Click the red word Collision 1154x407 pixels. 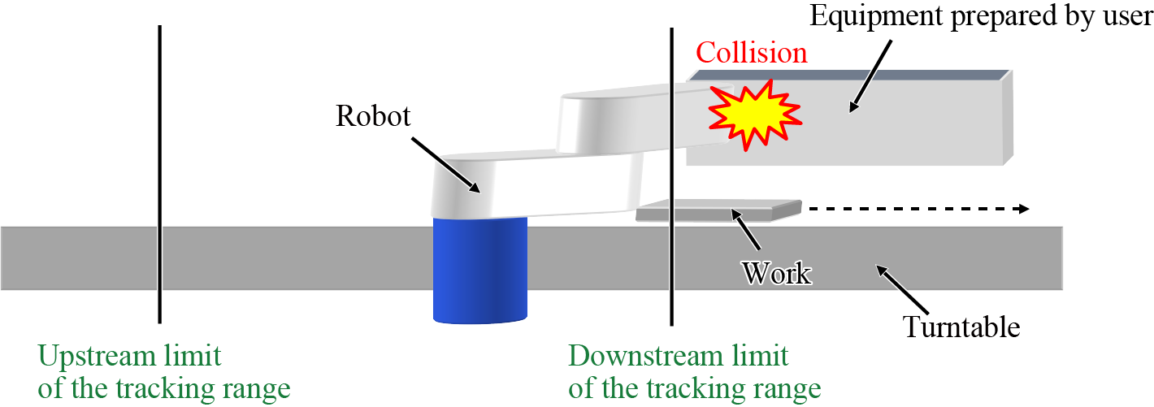[752, 53]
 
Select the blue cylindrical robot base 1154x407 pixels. [479, 268]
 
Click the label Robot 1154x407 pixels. [374, 117]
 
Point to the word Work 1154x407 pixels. [776, 272]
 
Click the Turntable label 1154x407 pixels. [961, 327]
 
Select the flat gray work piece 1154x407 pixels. [718, 210]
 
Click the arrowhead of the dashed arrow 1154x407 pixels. [1022, 209]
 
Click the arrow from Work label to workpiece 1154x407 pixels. [745, 229]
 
